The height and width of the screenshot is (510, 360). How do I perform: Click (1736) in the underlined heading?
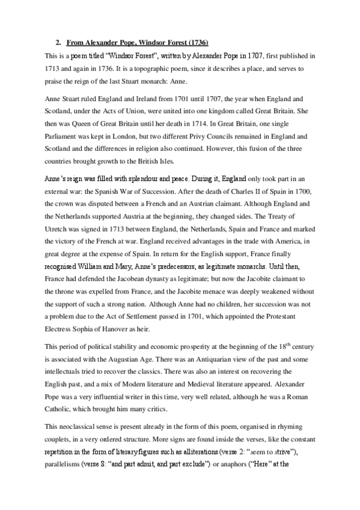click(198, 43)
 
